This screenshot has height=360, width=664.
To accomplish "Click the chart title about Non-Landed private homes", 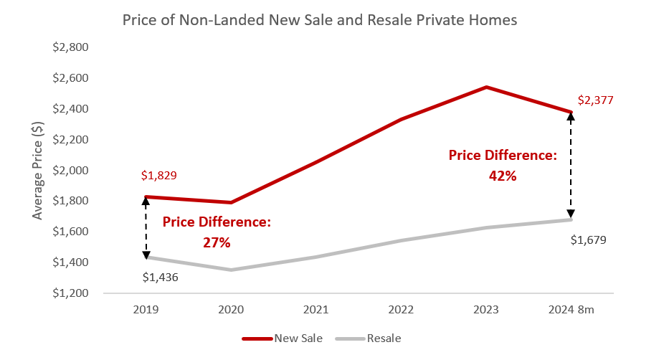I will [319, 20].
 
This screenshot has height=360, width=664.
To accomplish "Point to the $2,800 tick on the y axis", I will [70, 47].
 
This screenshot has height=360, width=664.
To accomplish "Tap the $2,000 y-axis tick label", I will [70, 171].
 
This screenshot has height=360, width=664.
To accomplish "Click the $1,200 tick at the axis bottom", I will [70, 293].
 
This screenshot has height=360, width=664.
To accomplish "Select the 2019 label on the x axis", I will [146, 311].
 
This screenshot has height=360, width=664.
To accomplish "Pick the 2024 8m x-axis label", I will [571, 311].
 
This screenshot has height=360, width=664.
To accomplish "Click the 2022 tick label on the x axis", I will [401, 311].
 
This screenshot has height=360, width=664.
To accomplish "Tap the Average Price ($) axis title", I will [38, 171].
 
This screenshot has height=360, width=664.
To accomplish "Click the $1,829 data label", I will [158, 175].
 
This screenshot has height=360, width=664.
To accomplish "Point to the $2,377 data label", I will [597, 100].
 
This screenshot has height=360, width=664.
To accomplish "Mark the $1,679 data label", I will [589, 240].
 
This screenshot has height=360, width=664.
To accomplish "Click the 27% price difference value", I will [216, 242].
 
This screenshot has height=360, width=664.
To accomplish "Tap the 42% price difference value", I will [502, 175].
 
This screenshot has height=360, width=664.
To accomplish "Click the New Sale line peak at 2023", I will [486, 87].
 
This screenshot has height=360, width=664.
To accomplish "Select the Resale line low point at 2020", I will [231, 270].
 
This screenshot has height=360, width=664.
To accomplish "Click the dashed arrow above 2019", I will [146, 227].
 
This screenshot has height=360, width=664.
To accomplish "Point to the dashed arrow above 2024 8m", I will [571, 165].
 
